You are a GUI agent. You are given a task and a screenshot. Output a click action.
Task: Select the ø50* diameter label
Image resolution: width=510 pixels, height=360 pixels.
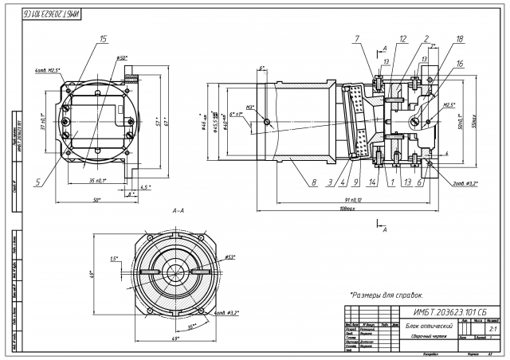122,58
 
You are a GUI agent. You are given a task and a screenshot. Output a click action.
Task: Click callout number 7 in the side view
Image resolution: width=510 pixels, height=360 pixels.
358,39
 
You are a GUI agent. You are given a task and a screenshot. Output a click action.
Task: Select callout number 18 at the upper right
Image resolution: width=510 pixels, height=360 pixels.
461,39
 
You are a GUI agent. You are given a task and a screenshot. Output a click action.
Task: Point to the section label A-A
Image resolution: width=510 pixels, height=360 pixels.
178,210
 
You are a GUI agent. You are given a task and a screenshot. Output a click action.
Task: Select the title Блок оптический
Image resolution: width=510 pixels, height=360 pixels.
423,327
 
